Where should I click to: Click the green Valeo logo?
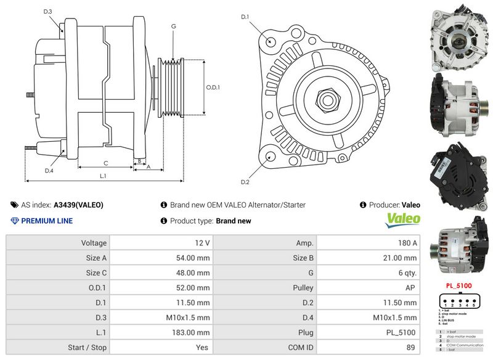(x=403, y=219)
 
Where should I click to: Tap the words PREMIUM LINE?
(x=47, y=221)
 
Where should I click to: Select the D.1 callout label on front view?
(x=245, y=17)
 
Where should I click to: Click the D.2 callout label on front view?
(x=245, y=182)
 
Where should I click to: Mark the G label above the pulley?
(x=174, y=27)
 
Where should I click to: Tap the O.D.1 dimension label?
(x=213, y=87)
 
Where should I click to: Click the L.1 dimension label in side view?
(x=104, y=176)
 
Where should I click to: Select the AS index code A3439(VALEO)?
(x=78, y=205)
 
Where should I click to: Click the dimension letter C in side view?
(x=106, y=163)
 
